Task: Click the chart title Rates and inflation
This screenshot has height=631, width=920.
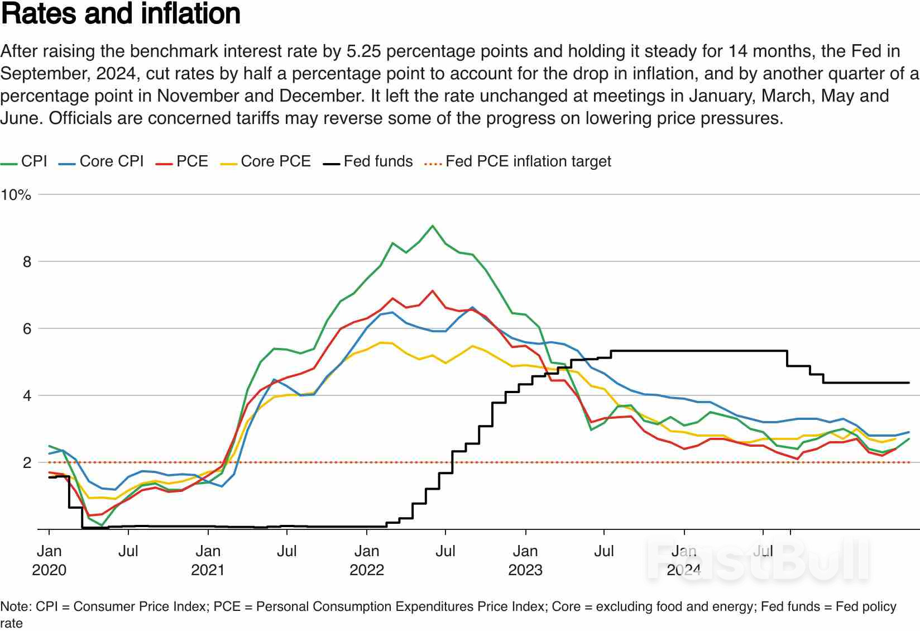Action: click(x=121, y=13)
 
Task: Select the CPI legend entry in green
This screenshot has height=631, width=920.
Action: click(x=33, y=161)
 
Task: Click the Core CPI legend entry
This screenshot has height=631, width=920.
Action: click(x=111, y=161)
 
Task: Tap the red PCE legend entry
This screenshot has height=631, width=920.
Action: click(x=191, y=161)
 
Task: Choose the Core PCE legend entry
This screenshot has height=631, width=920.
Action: click(x=275, y=161)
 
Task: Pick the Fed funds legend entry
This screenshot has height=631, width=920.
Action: click(x=378, y=161)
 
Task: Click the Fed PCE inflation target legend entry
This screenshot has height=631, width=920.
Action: click(x=528, y=161)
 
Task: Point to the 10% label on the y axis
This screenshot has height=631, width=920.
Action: click(x=16, y=195)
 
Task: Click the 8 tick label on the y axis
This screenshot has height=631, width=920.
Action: click(x=27, y=262)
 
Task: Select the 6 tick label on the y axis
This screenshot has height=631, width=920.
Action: click(x=27, y=329)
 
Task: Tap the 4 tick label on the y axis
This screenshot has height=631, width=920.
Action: click(x=27, y=396)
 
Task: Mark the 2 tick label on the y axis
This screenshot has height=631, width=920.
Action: click(x=27, y=463)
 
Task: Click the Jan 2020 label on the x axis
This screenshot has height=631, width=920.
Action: click(x=49, y=560)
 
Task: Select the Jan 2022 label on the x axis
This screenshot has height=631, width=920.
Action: click(x=367, y=560)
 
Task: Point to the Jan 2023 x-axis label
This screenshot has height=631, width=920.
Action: click(x=525, y=560)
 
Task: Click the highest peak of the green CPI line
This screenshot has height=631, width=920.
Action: click(x=433, y=226)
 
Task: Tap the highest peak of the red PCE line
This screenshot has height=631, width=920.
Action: click(x=433, y=291)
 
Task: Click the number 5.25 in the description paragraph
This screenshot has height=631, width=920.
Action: click(x=363, y=51)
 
